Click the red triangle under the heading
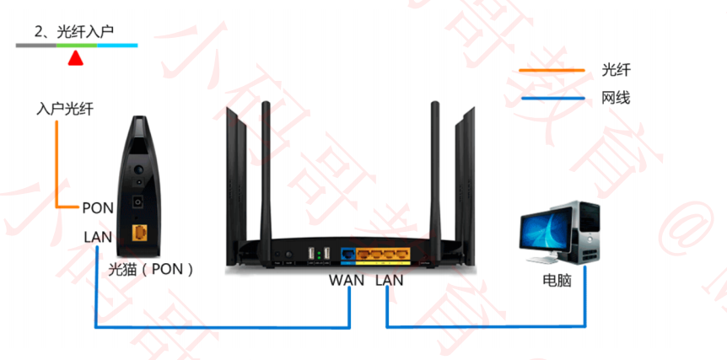click(x=76, y=58)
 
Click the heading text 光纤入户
click(x=84, y=32)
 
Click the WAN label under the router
click(x=346, y=279)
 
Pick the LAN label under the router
click(x=389, y=279)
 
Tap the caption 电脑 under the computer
click(x=557, y=280)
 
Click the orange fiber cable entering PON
click(x=57, y=169)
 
